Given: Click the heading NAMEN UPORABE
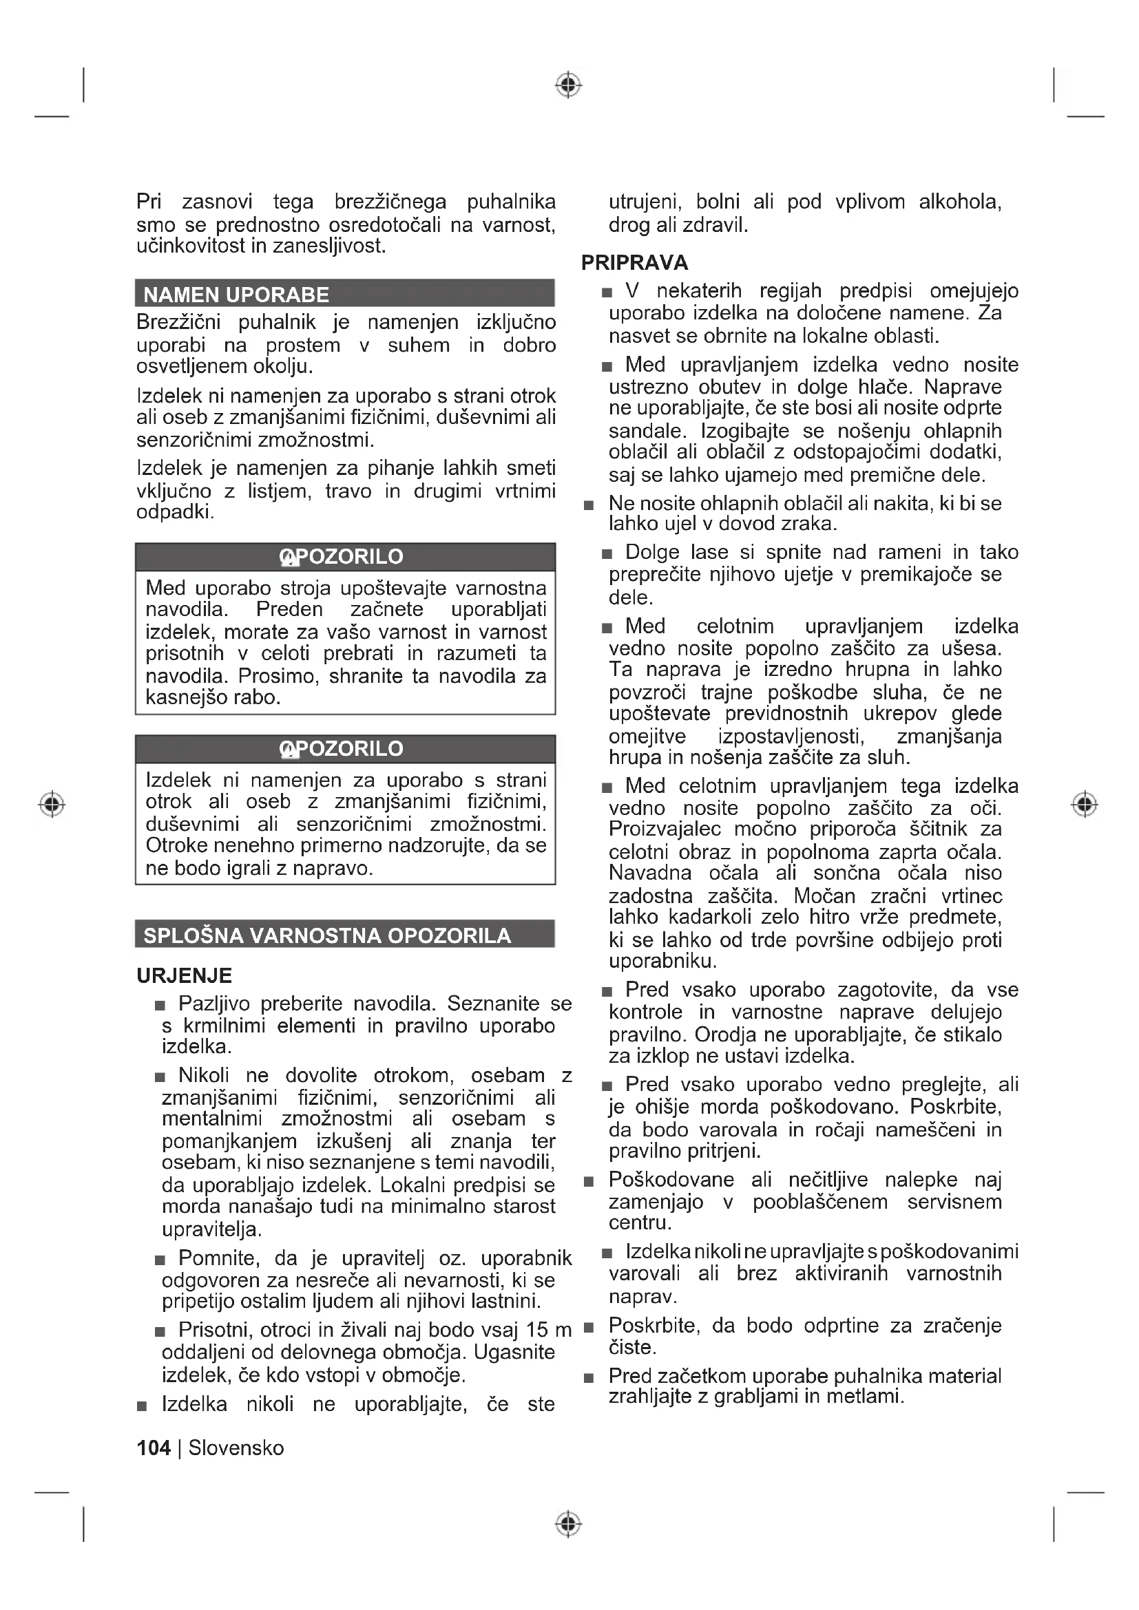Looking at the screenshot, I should pos(236,295).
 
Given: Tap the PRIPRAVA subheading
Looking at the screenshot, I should pos(634,263).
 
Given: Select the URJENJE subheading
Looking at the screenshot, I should pos(184,975).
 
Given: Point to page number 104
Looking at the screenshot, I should pos(154,1448).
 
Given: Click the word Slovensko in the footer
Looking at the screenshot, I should pos(236,1448).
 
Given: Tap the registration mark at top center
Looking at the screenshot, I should pos(569,85).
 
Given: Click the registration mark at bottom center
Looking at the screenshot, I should pos(569,1524).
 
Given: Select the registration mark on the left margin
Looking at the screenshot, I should pos(52,803).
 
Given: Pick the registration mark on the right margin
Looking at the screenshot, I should pos(1085,803).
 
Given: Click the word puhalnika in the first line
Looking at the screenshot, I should pos(511,202).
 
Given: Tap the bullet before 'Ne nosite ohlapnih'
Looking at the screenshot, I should pos(589,505).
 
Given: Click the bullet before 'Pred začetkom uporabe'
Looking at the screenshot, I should pos(589,1378).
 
